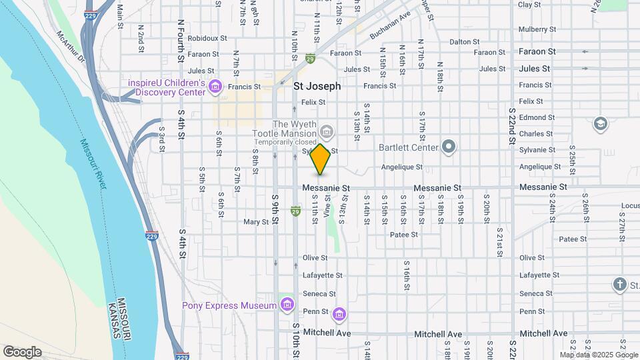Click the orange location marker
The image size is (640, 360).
click(321, 159)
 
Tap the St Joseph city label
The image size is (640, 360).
click(317, 86)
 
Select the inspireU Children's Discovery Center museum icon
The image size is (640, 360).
click(215, 86)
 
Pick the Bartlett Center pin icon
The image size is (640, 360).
click(449, 147)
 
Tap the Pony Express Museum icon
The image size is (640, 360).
click(287, 305)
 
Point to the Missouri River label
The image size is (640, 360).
click(93, 163)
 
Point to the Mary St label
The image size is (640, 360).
click(255, 222)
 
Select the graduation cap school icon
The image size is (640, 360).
click(600, 123)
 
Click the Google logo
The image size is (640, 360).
click(22, 352)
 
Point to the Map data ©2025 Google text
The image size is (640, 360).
click(598, 355)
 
